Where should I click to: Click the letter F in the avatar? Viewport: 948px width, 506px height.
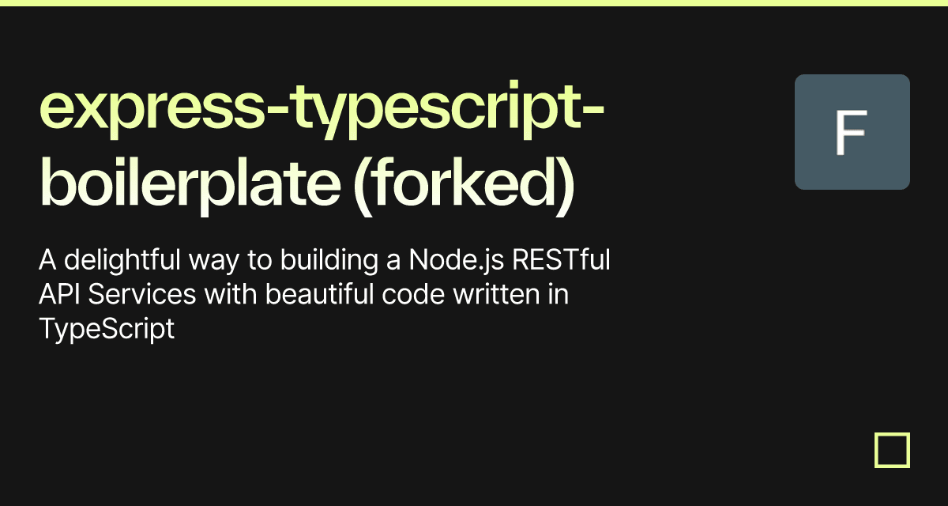[x=851, y=132]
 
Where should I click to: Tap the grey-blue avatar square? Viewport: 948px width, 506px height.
[x=852, y=132]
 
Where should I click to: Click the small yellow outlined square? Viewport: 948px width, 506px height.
[x=892, y=450]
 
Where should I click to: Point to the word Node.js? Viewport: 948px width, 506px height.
[x=457, y=259]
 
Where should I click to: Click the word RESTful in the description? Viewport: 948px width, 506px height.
[x=561, y=259]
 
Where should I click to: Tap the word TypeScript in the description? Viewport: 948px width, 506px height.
[x=107, y=329]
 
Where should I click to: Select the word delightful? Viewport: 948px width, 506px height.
[x=122, y=260]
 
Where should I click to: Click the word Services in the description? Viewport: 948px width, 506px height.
[x=142, y=294]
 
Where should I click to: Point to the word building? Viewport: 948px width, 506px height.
[x=329, y=260]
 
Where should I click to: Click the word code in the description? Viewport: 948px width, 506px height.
[x=413, y=294]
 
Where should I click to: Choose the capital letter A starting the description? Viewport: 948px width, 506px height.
[x=47, y=259]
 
